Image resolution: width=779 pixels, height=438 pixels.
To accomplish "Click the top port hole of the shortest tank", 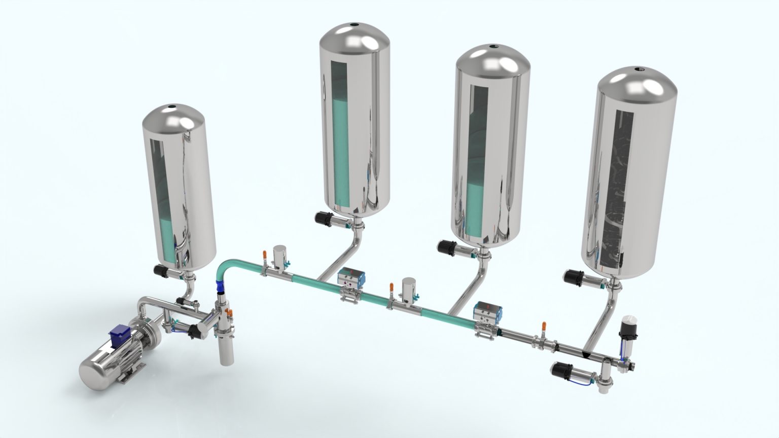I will click(x=172, y=107).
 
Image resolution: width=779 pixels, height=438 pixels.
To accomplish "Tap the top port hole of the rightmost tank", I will click(x=639, y=68).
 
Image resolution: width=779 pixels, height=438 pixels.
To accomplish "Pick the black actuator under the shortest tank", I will click(x=164, y=271).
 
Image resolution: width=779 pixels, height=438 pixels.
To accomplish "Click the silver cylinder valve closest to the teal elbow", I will click(x=279, y=256).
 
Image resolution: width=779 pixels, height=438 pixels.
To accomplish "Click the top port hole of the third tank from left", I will click(x=492, y=47).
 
